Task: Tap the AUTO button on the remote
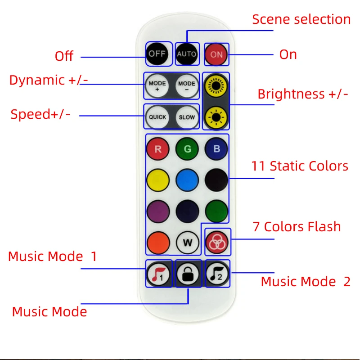187,54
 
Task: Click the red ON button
216,54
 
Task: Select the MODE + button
157,85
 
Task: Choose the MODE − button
187,85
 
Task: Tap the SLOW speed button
187,117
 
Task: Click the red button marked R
158,149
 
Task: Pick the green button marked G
187,149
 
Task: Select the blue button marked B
216,149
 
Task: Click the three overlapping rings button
217,243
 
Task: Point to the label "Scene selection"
301,19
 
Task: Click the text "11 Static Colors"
300,166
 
